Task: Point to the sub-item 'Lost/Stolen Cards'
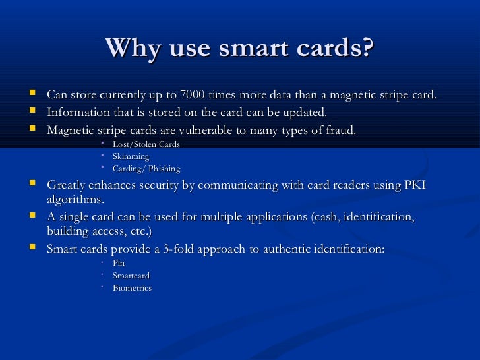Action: [146, 144]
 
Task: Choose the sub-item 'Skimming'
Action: [131, 156]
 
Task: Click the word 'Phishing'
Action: [163, 169]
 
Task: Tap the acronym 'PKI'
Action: [414, 186]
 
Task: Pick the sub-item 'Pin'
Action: [119, 262]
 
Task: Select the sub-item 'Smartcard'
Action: [131, 275]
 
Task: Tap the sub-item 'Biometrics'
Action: [132, 288]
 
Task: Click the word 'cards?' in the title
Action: [335, 47]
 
